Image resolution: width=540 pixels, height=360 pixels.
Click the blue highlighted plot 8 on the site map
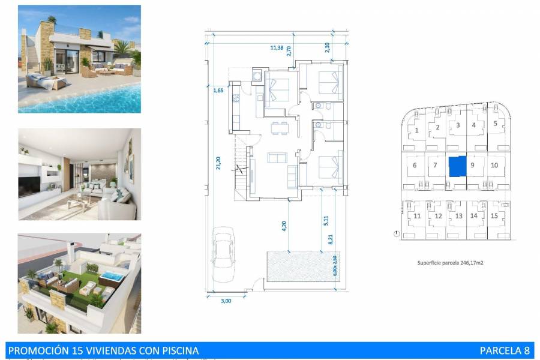coord(457,166)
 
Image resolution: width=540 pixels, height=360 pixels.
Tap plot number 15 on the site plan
coord(494,215)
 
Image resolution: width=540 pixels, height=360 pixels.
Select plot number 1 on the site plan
coord(416,130)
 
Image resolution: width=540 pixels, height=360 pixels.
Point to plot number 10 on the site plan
coord(494,165)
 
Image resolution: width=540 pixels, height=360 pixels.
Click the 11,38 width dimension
coord(277,47)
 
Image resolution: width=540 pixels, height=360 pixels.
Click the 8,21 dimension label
coord(329,239)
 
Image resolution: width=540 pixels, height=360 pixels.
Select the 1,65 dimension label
coord(218,91)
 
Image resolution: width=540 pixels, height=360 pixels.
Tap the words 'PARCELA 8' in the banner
coord(505,350)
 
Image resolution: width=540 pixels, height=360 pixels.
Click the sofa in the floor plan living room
coord(277,157)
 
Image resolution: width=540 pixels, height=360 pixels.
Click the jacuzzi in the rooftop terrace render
coord(112,278)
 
